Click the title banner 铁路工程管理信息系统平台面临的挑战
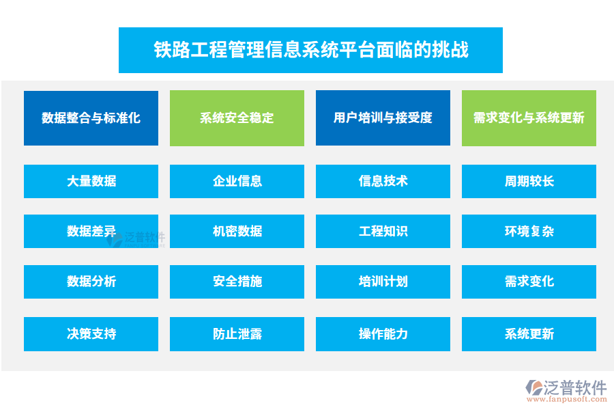[310, 50]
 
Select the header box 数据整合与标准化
[91, 118]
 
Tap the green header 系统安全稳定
[237, 118]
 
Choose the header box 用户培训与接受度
[383, 118]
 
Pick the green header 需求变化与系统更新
[529, 118]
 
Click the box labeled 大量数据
[91, 181]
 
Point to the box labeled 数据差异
[91, 231]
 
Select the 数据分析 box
[91, 282]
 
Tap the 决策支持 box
[91, 333]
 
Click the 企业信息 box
[237, 181]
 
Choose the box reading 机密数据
[237, 231]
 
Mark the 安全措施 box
[237, 282]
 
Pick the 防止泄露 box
[237, 333]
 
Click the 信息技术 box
[383, 181]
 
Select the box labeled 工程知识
[383, 231]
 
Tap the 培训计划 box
[383, 282]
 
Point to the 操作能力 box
[383, 333]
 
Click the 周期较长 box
[529, 181]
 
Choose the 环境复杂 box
[529, 231]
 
